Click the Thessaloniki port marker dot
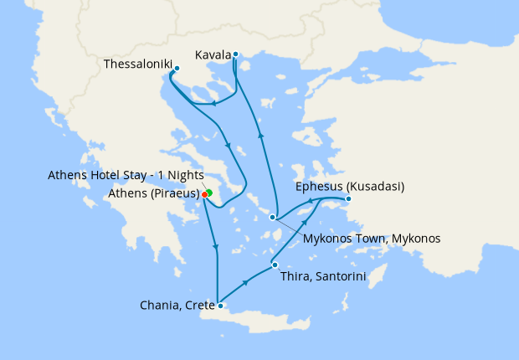(177, 69)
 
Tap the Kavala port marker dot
(236, 55)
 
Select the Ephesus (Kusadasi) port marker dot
(348, 198)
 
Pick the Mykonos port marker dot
(273, 218)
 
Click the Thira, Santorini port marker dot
(275, 266)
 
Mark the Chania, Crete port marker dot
(218, 306)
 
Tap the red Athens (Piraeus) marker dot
(204, 194)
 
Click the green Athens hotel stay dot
(209, 193)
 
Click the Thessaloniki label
(137, 64)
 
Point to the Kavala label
(213, 55)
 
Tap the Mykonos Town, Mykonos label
(372, 239)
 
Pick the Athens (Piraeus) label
(154, 194)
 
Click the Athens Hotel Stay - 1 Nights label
(121, 175)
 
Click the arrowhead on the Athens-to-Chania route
(216, 248)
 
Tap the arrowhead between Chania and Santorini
(245, 283)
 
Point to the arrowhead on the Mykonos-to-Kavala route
(260, 134)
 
